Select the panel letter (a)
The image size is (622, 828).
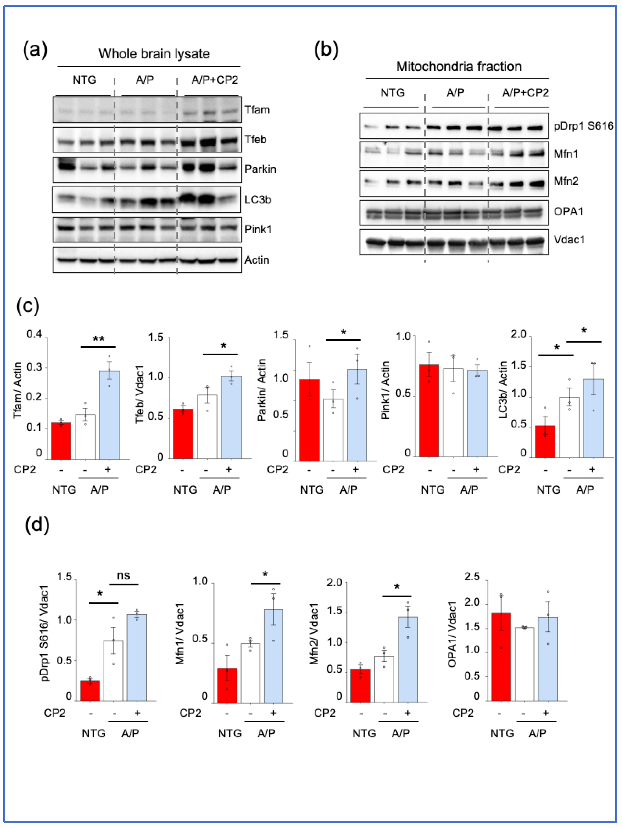pyautogui.click(x=35, y=50)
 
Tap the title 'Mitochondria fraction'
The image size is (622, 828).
pyautogui.click(x=459, y=67)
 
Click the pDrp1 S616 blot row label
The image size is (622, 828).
pyautogui.click(x=583, y=126)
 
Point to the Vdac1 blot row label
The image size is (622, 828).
pyautogui.click(x=569, y=240)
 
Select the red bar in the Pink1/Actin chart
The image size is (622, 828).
pyautogui.click(x=429, y=410)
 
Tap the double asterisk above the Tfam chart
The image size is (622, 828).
pyautogui.click(x=99, y=339)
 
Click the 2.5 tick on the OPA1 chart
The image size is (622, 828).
pyautogui.click(x=472, y=577)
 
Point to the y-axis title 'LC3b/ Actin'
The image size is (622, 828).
pyautogui.click(x=504, y=389)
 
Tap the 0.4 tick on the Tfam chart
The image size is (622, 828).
pyautogui.click(x=34, y=334)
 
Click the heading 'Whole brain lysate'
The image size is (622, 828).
pyautogui.click(x=154, y=54)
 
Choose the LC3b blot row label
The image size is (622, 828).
pyautogui.click(x=257, y=200)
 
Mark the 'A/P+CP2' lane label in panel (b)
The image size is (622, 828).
pyautogui.click(x=525, y=92)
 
